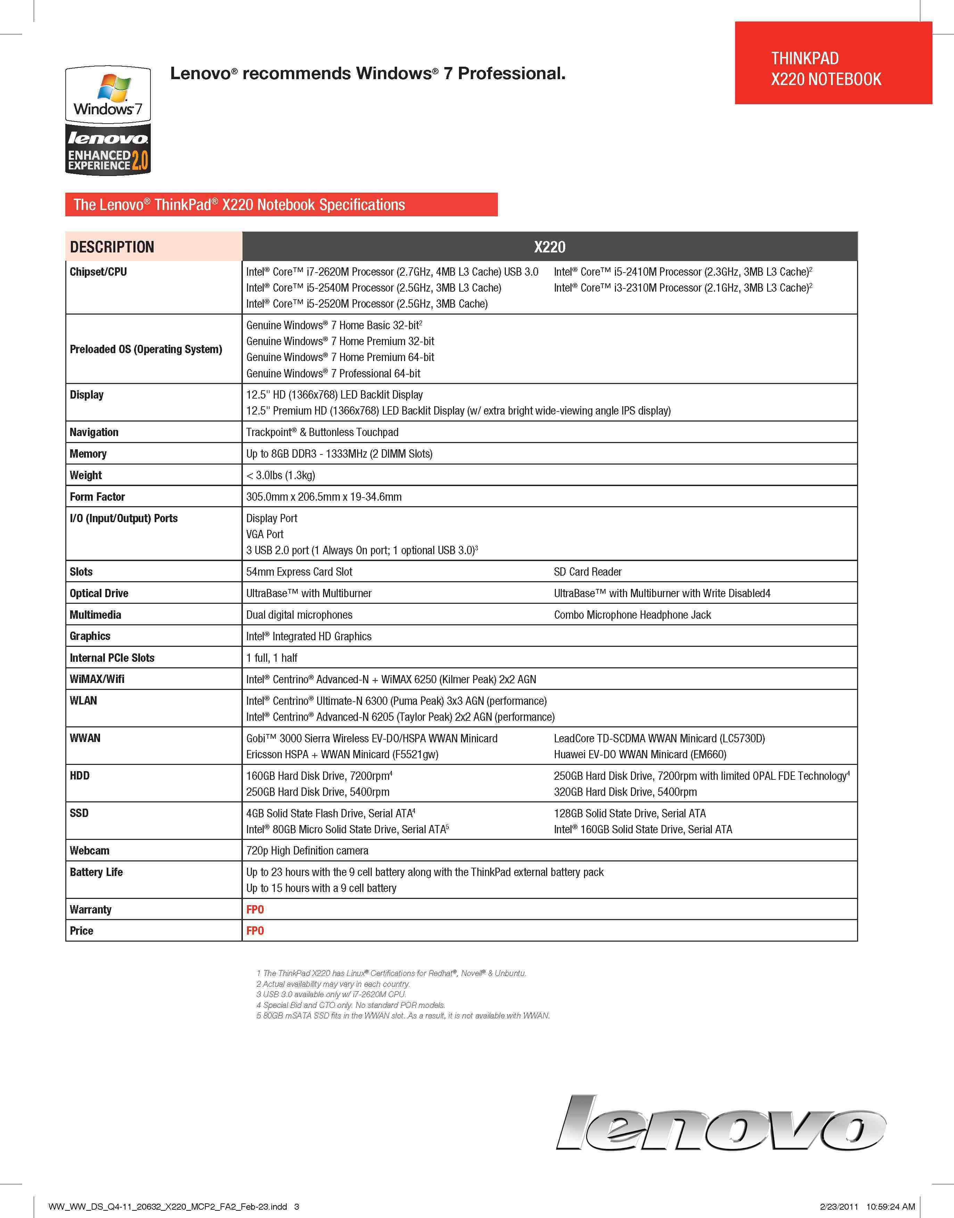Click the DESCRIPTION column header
tap(112, 247)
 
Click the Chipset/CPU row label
tap(98, 272)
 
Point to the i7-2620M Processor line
tap(392, 272)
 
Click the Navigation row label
tap(94, 432)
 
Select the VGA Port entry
tap(265, 534)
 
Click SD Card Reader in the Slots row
tap(587, 572)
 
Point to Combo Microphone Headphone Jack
tap(632, 615)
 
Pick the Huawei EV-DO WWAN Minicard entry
tap(640, 755)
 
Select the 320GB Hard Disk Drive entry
tap(625, 792)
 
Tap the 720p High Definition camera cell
tap(307, 851)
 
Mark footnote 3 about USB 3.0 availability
tap(331, 994)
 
